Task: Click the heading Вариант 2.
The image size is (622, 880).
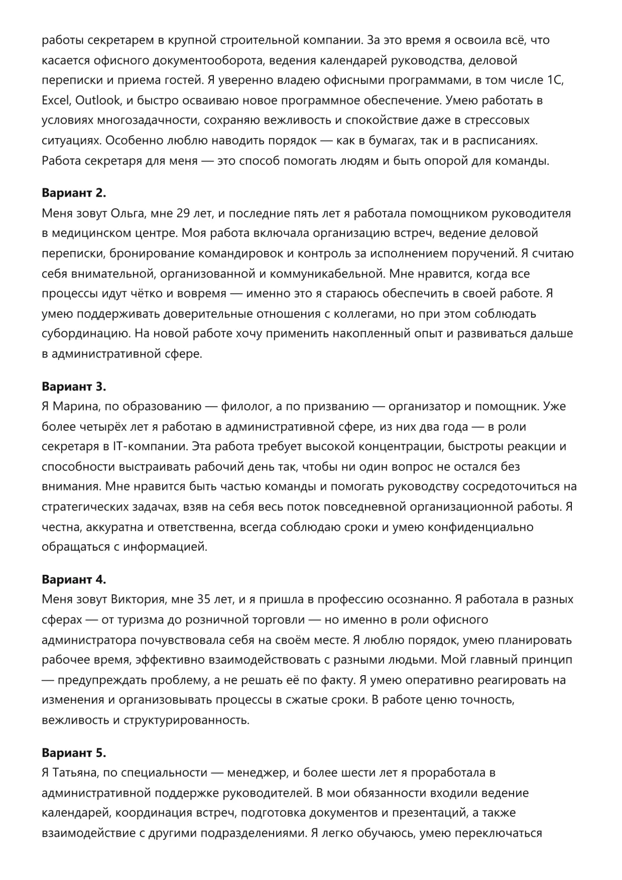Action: click(x=74, y=193)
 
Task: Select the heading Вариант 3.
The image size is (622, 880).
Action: click(x=74, y=387)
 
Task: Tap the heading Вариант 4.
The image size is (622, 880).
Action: click(x=74, y=579)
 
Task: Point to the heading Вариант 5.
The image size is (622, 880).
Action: click(x=74, y=753)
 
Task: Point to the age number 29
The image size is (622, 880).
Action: click(x=186, y=213)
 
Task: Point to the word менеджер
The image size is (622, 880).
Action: click(x=254, y=773)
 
